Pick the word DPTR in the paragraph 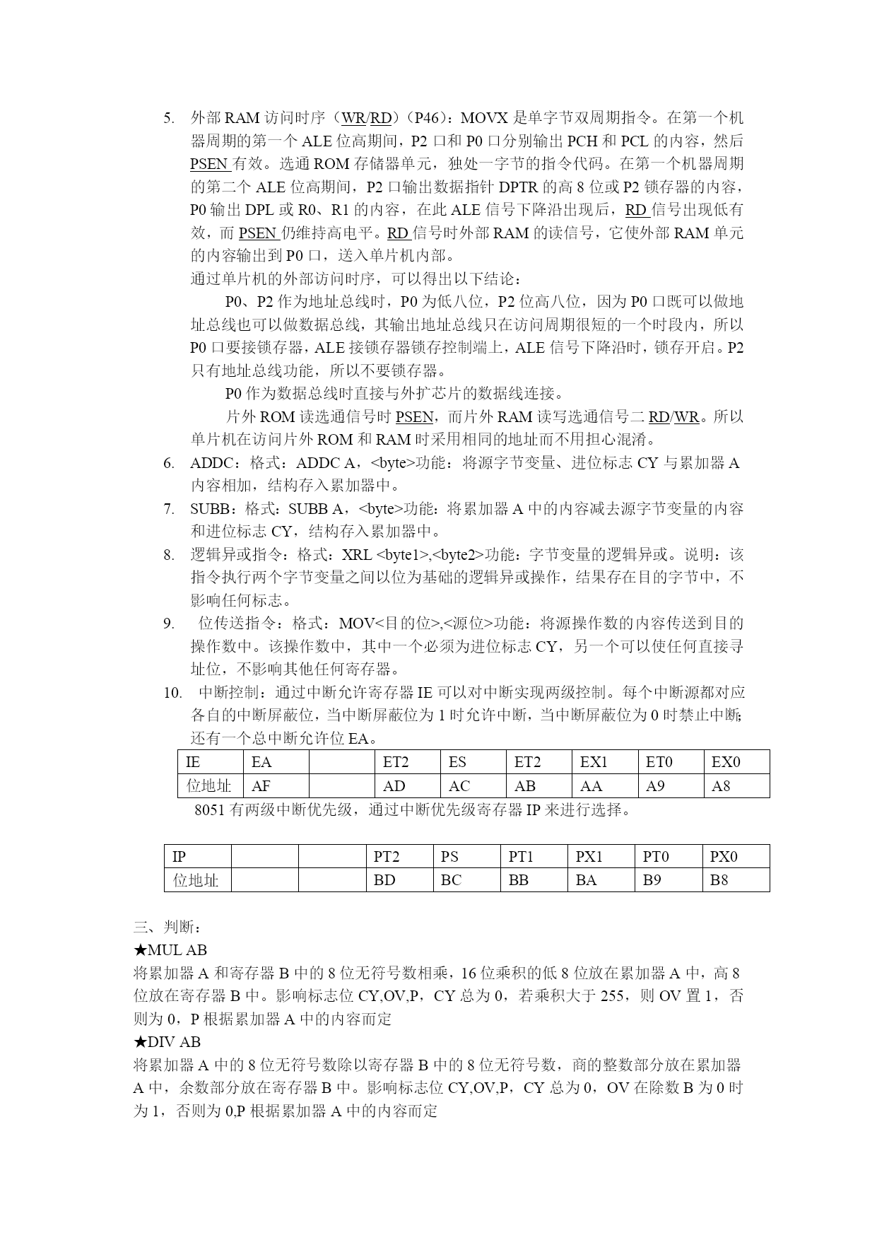tap(518, 187)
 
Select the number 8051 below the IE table tap(210, 810)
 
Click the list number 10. tap(173, 693)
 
